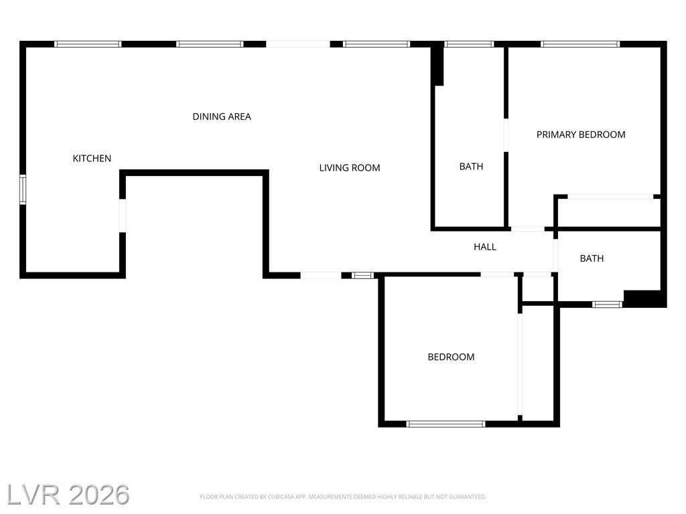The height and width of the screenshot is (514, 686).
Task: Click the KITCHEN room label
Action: click(x=92, y=158)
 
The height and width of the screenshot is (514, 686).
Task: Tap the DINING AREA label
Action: click(x=222, y=116)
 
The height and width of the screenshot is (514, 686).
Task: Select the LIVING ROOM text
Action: click(x=350, y=168)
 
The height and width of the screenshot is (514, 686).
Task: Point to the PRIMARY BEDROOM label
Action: click(x=581, y=135)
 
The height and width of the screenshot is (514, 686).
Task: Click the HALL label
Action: click(x=485, y=247)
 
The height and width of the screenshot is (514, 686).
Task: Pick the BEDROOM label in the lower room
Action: click(x=451, y=357)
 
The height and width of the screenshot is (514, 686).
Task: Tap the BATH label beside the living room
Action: click(x=471, y=167)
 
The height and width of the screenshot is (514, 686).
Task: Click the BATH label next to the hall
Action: click(x=592, y=259)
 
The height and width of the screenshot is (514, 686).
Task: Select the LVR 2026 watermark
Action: click(x=68, y=495)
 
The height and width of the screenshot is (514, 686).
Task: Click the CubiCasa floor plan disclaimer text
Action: click(x=343, y=497)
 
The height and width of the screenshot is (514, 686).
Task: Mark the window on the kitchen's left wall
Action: click(x=23, y=189)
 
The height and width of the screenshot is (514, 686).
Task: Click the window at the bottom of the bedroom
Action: click(x=445, y=424)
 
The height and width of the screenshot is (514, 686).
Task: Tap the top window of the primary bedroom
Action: click(x=580, y=44)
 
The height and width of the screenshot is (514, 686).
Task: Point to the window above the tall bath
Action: click(x=469, y=44)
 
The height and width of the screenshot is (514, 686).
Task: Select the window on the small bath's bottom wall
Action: click(x=607, y=305)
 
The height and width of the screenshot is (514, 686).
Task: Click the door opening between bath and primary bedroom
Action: click(x=506, y=135)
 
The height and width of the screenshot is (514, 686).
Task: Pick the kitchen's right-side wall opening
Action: click(x=123, y=216)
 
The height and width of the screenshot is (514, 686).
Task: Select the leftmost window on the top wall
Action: click(x=88, y=44)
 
